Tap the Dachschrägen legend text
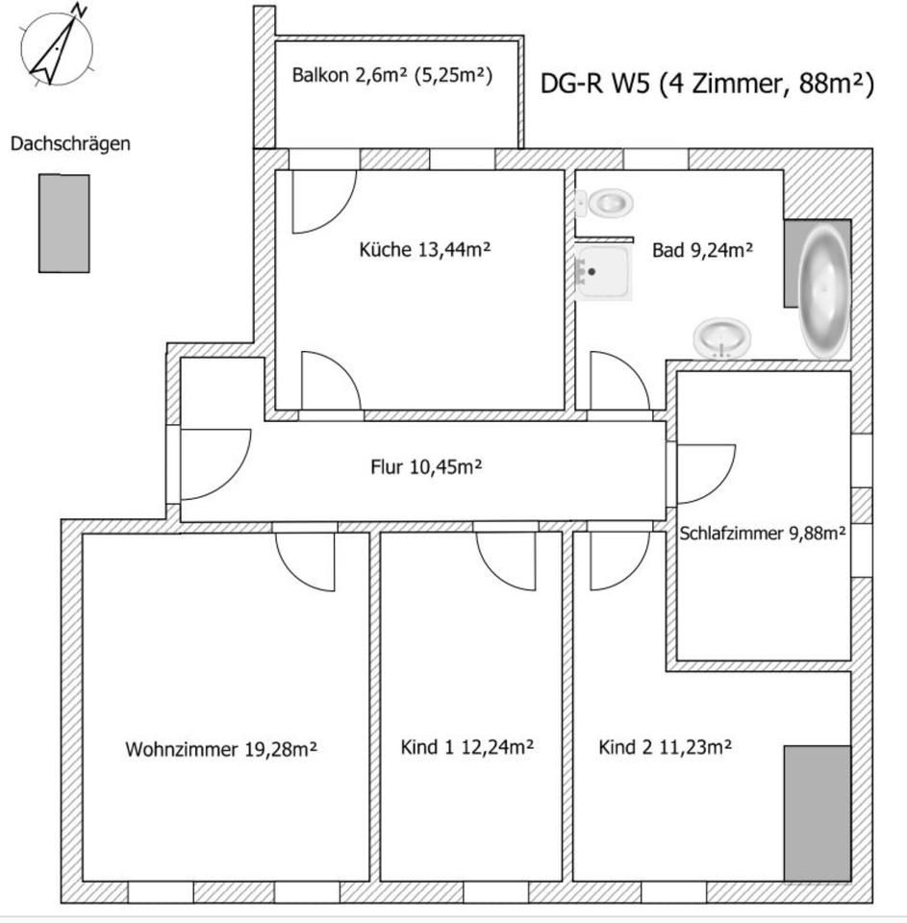pyautogui.click(x=70, y=144)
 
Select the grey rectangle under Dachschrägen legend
pyautogui.click(x=63, y=223)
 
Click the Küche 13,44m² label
pyautogui.click(x=425, y=250)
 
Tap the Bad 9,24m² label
pyautogui.click(x=702, y=250)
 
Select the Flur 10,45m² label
pyautogui.click(x=426, y=467)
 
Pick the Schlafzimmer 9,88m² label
pyautogui.click(x=763, y=534)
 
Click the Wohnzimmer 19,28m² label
pyautogui.click(x=221, y=749)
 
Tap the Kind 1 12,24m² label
pyautogui.click(x=467, y=747)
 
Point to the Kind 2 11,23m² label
pyautogui.click(x=666, y=747)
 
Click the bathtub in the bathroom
pyautogui.click(x=823, y=290)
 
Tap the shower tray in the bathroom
pyautogui.click(x=602, y=273)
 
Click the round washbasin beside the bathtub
pyautogui.click(x=723, y=338)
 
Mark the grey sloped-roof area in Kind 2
pyautogui.click(x=817, y=812)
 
